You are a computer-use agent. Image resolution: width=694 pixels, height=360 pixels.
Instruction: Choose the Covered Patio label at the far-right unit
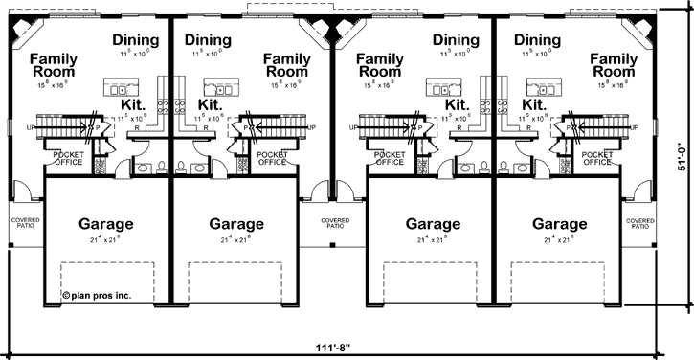coord(640,222)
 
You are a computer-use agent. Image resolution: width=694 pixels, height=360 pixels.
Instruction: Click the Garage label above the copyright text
coord(105,225)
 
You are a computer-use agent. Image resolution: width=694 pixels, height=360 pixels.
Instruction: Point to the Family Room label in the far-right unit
coord(614,65)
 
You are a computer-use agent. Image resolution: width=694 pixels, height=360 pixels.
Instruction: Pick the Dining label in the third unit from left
coord(457,40)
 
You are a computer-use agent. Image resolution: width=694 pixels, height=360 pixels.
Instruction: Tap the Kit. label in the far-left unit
coord(133,104)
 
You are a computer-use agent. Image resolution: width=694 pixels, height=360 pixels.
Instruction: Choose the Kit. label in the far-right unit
coord(536,104)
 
